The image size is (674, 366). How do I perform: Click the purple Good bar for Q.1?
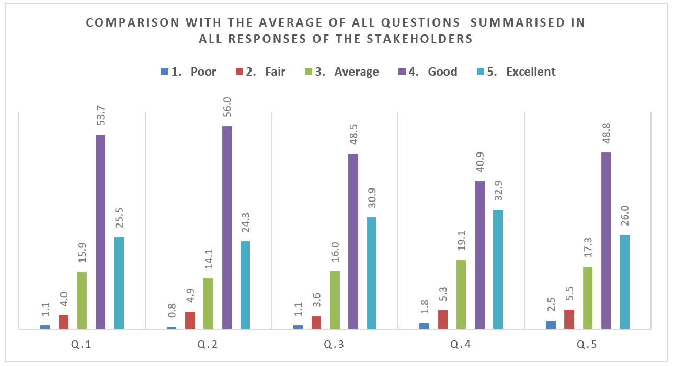(x=100, y=232)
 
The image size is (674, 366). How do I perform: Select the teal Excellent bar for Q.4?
(x=498, y=269)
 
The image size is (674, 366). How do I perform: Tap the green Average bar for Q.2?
(x=208, y=303)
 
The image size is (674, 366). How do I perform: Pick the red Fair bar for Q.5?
(x=569, y=319)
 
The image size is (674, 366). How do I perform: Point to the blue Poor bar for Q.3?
(x=298, y=327)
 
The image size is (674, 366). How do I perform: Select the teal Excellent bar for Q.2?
(x=245, y=285)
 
